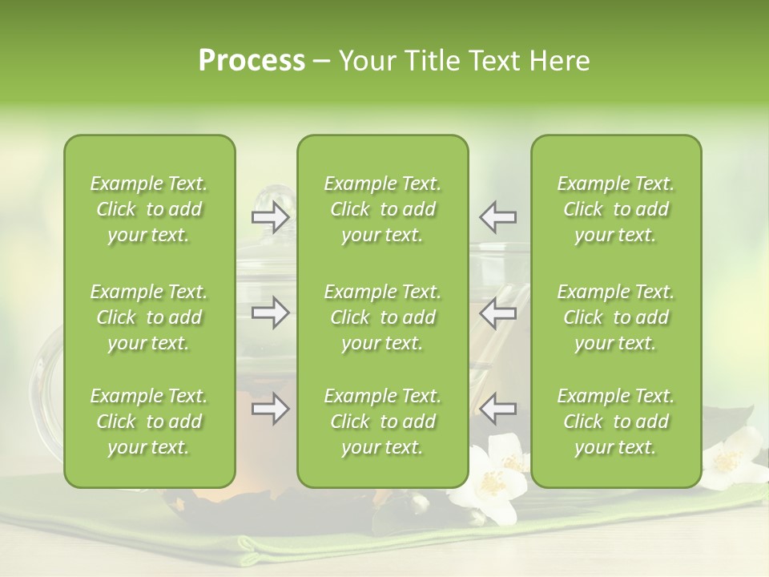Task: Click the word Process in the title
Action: click(252, 61)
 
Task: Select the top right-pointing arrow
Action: click(271, 217)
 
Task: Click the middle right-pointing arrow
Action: click(271, 313)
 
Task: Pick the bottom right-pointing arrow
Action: click(271, 409)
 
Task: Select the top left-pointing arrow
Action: click(497, 216)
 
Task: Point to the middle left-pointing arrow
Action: click(497, 313)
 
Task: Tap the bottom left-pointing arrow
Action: click(497, 409)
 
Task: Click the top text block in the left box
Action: click(149, 209)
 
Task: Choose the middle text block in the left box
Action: click(149, 317)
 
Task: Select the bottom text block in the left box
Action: click(149, 422)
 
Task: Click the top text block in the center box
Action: click(383, 209)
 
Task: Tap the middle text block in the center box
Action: click(383, 317)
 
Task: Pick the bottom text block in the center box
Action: click(383, 422)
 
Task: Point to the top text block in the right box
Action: click(616, 209)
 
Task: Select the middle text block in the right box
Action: click(616, 317)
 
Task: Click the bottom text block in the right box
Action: click(616, 422)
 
